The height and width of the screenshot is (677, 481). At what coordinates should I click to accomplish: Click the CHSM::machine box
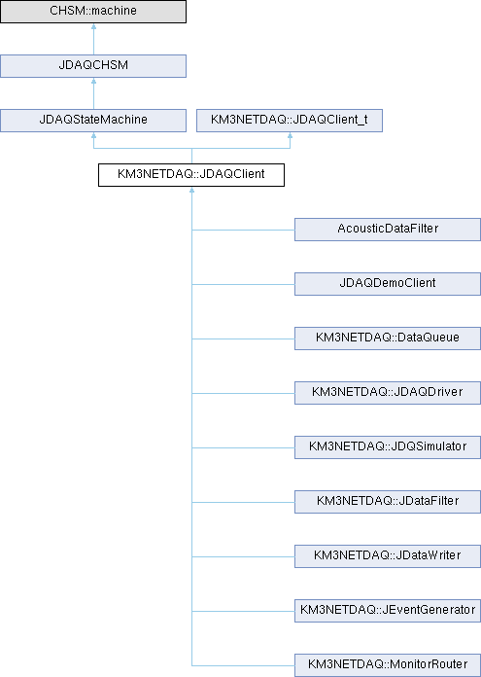(x=93, y=12)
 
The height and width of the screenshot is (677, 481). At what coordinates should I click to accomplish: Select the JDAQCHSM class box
(x=93, y=66)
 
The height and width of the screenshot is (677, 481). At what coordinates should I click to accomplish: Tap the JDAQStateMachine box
(x=93, y=121)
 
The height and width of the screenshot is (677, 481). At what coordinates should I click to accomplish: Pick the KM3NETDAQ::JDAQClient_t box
(x=290, y=121)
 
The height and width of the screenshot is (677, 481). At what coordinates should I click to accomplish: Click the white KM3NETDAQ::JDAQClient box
(x=191, y=175)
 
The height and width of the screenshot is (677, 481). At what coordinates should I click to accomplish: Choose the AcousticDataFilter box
(x=388, y=230)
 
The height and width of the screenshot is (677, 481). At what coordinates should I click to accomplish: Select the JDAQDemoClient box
(x=388, y=284)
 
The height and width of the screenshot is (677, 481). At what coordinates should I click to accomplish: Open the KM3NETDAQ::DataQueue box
(x=388, y=338)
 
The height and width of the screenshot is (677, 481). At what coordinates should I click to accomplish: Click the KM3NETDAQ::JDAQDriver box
(x=388, y=392)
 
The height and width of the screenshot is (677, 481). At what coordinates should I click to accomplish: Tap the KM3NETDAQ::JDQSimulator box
(x=388, y=446)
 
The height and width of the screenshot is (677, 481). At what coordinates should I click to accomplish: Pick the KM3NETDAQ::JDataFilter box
(x=388, y=501)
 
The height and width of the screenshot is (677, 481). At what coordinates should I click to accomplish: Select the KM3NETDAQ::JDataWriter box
(x=388, y=555)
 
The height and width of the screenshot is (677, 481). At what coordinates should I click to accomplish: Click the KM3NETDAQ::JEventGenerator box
(x=388, y=610)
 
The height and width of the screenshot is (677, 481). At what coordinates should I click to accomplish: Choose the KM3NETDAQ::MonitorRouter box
(x=388, y=664)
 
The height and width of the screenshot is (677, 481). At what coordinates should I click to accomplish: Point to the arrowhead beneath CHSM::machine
(x=93, y=26)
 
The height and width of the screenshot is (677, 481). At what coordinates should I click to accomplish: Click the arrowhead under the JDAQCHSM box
(x=93, y=81)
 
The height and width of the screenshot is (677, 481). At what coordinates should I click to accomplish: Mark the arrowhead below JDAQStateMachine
(x=93, y=135)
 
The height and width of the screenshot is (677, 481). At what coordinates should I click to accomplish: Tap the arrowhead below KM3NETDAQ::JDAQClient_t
(x=290, y=135)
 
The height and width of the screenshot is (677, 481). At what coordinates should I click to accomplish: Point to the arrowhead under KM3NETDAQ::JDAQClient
(x=192, y=190)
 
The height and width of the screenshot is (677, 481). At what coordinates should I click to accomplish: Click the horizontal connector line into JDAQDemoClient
(x=243, y=284)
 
